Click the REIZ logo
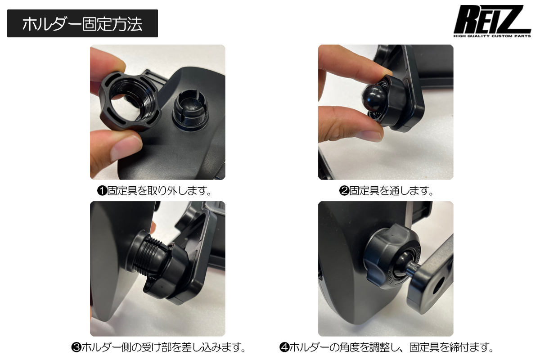click(x=492, y=21)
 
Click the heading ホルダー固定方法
click(x=82, y=24)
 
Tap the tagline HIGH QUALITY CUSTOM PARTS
click(x=492, y=36)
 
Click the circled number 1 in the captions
click(x=102, y=191)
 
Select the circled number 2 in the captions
click(x=344, y=191)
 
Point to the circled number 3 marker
click(x=76, y=348)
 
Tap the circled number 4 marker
click(x=284, y=348)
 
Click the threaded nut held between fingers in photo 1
click(x=130, y=101)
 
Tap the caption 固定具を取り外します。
click(x=159, y=191)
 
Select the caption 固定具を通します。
click(x=391, y=191)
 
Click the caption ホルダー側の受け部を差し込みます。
click(x=164, y=348)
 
